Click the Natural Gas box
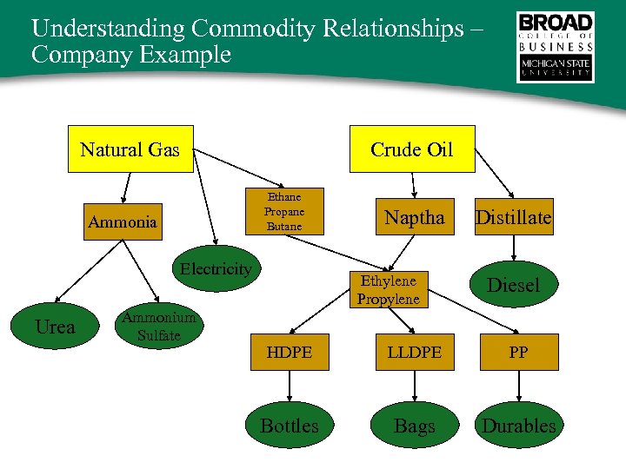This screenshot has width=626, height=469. (130, 149)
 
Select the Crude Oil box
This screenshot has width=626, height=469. (411, 149)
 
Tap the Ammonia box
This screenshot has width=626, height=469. (123, 222)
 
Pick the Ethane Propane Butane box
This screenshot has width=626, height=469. (284, 211)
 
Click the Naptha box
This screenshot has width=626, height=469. (414, 218)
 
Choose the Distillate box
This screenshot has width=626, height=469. (513, 218)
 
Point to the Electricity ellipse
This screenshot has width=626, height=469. (215, 269)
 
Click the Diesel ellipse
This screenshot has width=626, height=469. (513, 285)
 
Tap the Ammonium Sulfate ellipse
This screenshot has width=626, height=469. (157, 327)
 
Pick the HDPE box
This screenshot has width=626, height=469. (290, 352)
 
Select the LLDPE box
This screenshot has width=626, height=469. (414, 352)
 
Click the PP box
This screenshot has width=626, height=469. (518, 352)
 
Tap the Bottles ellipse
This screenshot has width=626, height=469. (290, 426)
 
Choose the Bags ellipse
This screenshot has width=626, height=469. (414, 426)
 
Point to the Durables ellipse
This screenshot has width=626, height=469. (518, 426)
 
